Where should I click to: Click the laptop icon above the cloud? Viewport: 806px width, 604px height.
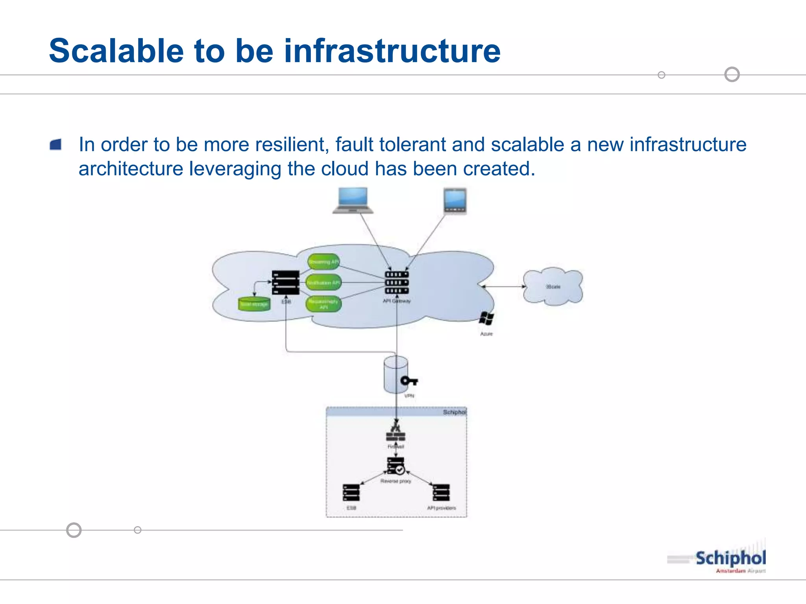(x=353, y=201)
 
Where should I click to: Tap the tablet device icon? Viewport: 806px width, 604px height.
(x=455, y=201)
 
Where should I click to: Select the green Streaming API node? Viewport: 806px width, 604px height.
(x=324, y=262)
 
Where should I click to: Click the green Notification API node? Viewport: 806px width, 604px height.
(x=324, y=283)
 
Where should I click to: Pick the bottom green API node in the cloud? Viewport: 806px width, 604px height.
(x=324, y=304)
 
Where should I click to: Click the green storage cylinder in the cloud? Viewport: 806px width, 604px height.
(x=254, y=304)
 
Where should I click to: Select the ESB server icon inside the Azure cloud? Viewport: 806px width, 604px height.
(x=286, y=282)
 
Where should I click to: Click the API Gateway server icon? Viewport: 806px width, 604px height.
(x=397, y=282)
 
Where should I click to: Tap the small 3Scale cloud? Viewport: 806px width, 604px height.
(x=553, y=286)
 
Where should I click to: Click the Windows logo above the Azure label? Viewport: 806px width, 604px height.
(x=486, y=319)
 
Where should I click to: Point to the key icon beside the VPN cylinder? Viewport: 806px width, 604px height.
(x=409, y=381)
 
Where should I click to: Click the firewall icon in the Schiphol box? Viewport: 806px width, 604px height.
(x=396, y=433)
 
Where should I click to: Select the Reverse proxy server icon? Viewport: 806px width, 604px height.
(x=396, y=466)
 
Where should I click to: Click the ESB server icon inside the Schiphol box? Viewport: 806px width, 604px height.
(x=351, y=493)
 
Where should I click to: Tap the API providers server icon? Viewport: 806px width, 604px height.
(x=441, y=493)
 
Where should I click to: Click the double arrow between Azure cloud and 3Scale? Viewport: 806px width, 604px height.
(x=504, y=287)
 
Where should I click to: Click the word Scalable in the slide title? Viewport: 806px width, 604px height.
(x=116, y=51)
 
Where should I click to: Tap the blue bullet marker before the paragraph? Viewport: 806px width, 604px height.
(x=56, y=145)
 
